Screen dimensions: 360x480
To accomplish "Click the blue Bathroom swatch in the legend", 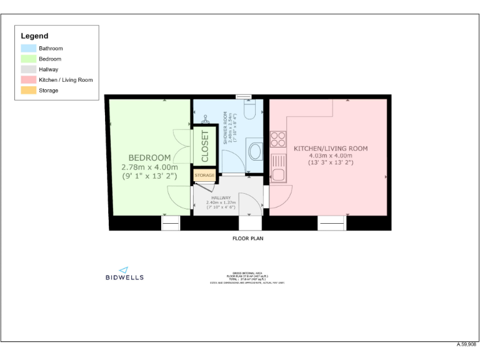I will [x=29, y=48].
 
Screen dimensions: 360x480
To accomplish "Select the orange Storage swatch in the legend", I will [x=29, y=91].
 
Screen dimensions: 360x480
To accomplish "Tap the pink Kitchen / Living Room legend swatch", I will [x=29, y=80].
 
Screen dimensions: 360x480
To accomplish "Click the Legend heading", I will [x=34, y=36].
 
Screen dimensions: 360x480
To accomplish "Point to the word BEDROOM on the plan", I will [x=149, y=157].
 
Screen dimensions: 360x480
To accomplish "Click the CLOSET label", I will [x=205, y=146].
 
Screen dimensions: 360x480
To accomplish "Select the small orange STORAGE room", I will [x=204, y=176].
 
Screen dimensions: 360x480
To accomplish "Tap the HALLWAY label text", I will [x=221, y=197].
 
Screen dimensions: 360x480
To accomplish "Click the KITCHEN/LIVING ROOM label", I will [x=331, y=149].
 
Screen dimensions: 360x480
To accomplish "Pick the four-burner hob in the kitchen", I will [x=278, y=139].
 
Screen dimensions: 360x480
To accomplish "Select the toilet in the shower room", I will [x=250, y=110].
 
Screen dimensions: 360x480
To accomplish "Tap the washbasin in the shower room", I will [x=255, y=151].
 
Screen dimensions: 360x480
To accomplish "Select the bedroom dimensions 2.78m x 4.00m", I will [x=149, y=167].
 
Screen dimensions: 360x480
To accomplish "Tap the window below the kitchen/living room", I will [x=331, y=223].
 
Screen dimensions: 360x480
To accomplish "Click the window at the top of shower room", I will [x=244, y=97].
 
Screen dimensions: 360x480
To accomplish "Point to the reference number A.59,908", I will [x=466, y=344].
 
